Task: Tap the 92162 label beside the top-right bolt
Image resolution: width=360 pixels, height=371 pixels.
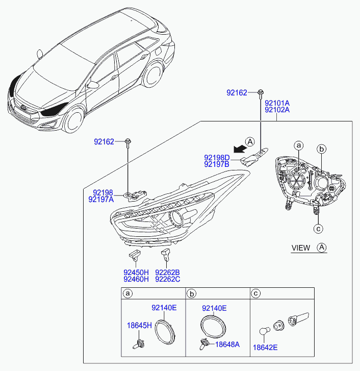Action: [237, 92]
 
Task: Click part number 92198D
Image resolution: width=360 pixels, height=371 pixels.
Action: [217, 158]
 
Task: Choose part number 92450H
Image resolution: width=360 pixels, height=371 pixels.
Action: [136, 272]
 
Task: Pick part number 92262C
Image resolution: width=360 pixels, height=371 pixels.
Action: [168, 279]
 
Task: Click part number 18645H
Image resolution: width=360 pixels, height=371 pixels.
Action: [139, 325]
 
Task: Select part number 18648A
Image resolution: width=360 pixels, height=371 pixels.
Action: [227, 344]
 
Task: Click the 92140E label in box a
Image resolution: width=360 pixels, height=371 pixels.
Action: [164, 308]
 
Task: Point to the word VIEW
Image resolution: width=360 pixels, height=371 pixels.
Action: [300, 248]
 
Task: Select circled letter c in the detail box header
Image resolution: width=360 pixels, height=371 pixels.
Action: [256, 293]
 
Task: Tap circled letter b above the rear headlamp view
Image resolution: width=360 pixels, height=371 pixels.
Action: [322, 149]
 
